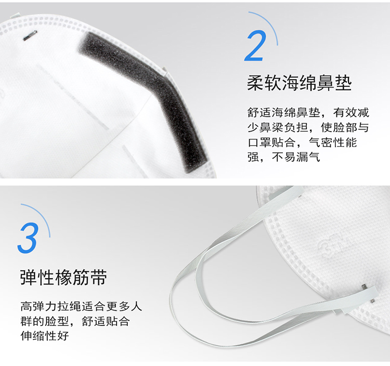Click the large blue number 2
tap(255, 46)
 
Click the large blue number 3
tap(29, 238)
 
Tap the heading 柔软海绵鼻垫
tap(299, 83)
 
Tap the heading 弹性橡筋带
tap(63, 277)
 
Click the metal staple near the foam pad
tap(30, 35)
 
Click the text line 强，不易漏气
tap(283, 157)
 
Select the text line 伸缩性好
tap(45, 336)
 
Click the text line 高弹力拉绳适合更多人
tap(81, 306)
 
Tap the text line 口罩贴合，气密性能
tap(302, 142)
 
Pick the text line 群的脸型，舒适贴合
tap(75, 321)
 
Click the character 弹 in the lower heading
tap(29, 277)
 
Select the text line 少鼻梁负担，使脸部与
tap(308, 127)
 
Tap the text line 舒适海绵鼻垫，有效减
tap(308, 113)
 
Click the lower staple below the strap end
tap(373, 301)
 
